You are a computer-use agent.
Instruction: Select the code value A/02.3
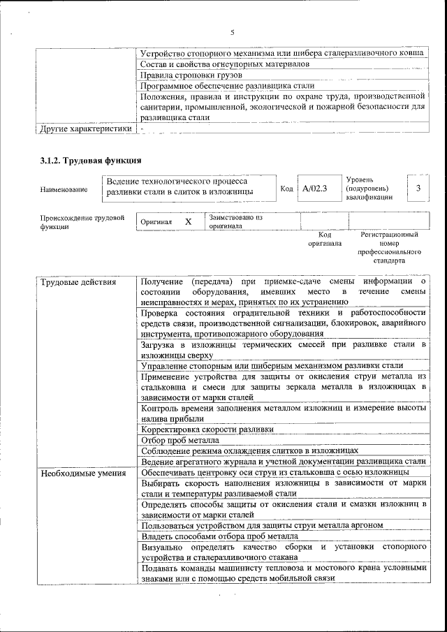point(315,189)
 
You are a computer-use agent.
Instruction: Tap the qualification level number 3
point(418,189)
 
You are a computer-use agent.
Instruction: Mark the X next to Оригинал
point(188,221)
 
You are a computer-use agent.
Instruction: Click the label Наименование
point(64,189)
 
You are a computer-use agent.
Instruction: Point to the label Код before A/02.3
point(286,189)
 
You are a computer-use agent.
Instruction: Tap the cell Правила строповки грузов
point(191,75)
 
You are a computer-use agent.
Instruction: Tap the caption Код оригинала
point(325,240)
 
